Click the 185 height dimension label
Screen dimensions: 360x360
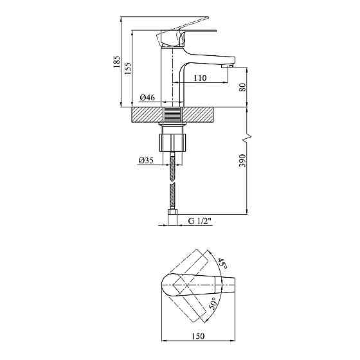pyautogui.click(x=117, y=62)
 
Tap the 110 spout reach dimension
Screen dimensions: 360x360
pyautogui.click(x=199, y=78)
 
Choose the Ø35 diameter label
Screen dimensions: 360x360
pyautogui.click(x=145, y=161)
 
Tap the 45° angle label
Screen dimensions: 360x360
pyautogui.click(x=221, y=263)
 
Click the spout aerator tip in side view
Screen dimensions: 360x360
pyautogui.click(x=226, y=66)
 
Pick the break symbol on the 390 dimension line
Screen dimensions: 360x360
pyautogui.click(x=247, y=137)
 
